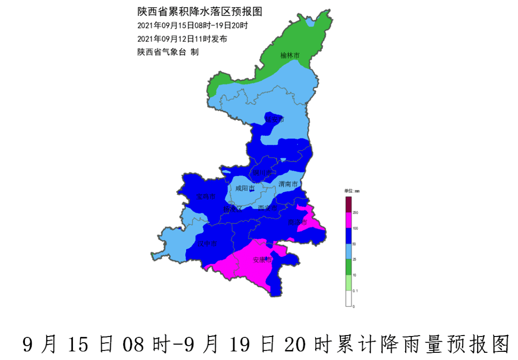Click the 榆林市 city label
click(290, 56)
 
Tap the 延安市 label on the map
click(275, 119)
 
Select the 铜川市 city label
click(262, 173)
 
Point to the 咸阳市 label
click(245, 188)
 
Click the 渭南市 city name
click(288, 184)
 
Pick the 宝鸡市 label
click(206, 197)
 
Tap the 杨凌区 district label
click(233, 209)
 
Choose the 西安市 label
click(268, 208)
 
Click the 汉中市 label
click(208, 244)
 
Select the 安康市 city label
click(262, 260)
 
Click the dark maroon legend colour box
click(349, 204)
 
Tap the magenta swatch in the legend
click(349, 221)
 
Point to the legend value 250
click(355, 212)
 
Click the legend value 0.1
click(355, 290)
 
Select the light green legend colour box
click(349, 283)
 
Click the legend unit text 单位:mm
click(352, 191)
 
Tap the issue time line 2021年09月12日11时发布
click(182, 38)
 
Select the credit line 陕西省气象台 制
click(168, 52)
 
